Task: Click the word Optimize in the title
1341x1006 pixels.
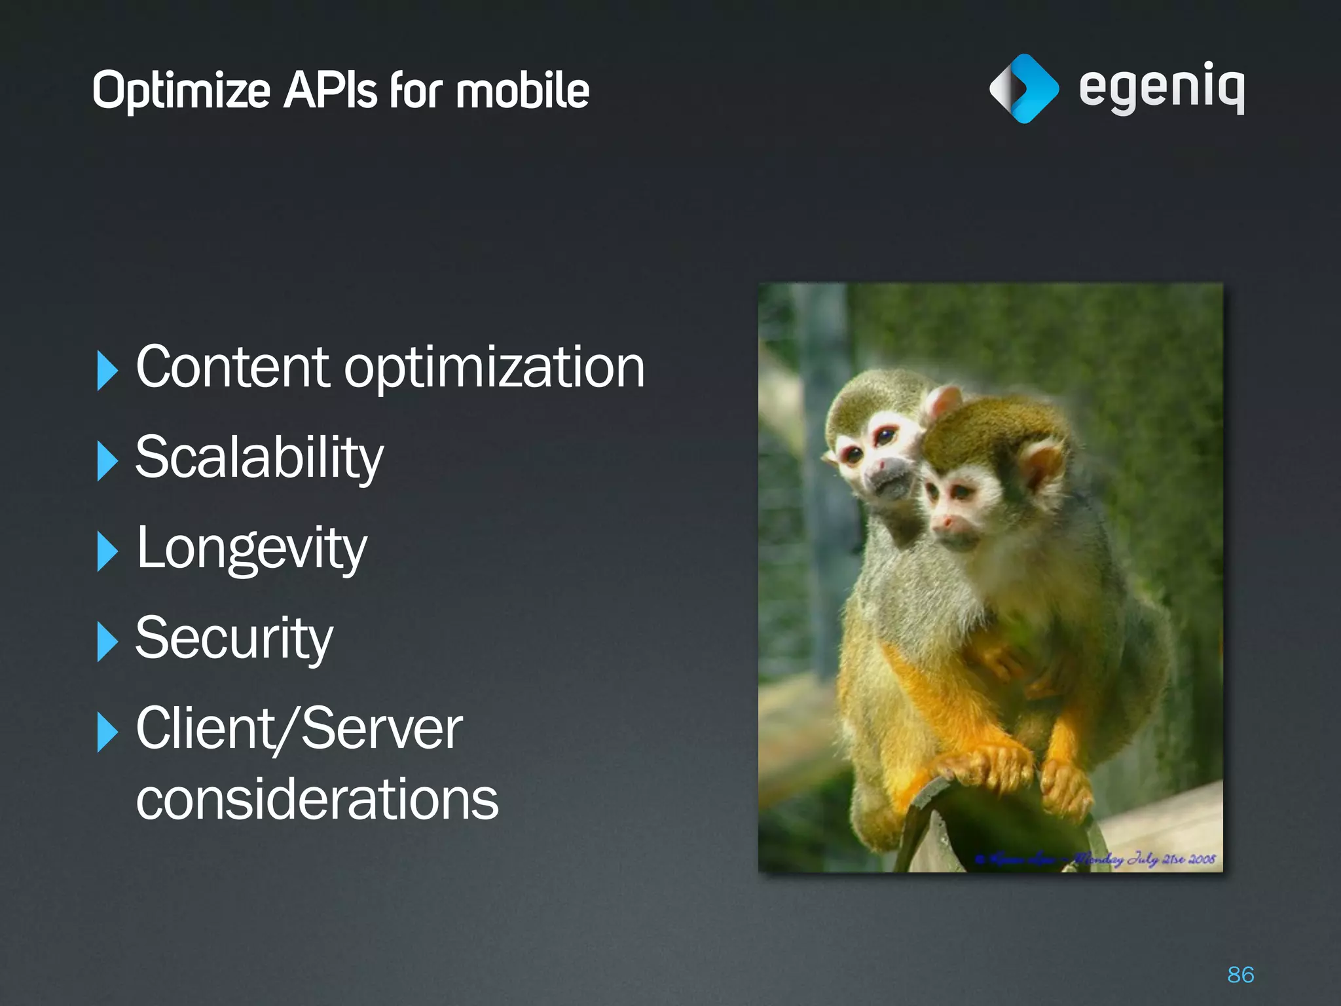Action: [181, 91]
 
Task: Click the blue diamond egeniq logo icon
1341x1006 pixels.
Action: [1023, 88]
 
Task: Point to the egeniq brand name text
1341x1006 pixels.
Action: [1161, 88]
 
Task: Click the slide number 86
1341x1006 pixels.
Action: [1240, 975]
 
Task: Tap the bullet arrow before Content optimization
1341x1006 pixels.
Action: [107, 370]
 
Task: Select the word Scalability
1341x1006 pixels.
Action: [259, 458]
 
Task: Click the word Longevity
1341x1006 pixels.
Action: [251, 549]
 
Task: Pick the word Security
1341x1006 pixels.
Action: [234, 639]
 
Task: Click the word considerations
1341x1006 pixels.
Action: [317, 799]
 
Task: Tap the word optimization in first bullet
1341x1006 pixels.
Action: [494, 368]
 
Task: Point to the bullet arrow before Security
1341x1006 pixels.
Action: [107, 642]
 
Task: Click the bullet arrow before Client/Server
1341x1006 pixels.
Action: [107, 732]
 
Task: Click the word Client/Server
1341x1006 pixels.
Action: [299, 728]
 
